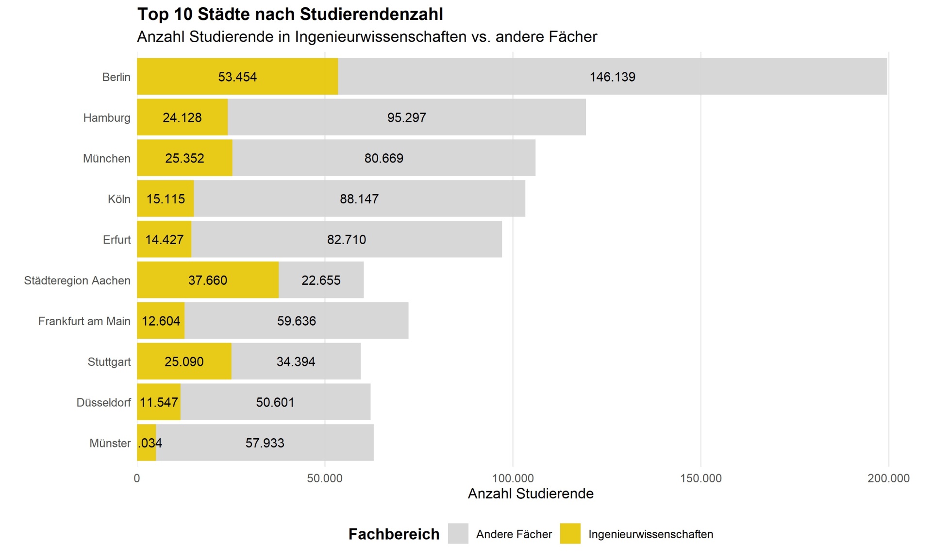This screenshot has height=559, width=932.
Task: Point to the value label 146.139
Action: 612,77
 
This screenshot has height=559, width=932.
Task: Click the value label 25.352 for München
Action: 184,158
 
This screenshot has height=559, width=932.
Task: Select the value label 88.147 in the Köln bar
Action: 359,199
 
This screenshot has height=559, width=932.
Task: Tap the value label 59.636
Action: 296,321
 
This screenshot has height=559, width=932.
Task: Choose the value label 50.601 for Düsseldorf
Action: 275,402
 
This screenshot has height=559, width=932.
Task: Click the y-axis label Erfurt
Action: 116,240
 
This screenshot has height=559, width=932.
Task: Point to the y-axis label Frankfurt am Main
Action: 84,321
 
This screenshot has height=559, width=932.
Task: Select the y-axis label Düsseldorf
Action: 103,402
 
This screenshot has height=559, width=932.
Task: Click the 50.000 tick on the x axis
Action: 324,478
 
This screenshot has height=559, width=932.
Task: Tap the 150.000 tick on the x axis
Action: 700,478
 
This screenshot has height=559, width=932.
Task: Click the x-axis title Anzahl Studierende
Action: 530,493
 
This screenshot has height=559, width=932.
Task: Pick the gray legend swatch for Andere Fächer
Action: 458,534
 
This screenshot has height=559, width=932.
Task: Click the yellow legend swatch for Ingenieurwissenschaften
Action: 570,534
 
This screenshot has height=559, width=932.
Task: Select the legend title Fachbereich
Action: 394,534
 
